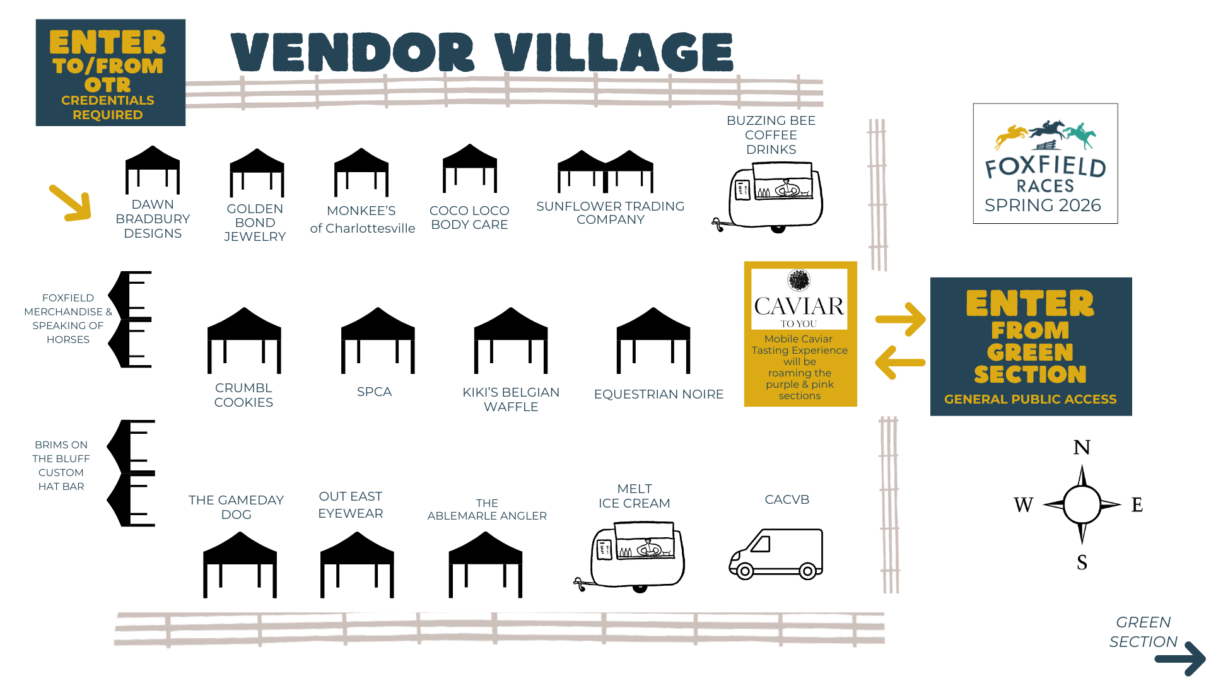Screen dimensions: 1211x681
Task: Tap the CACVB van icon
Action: coord(776,554)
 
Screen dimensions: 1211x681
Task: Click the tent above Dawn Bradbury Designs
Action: coord(153,170)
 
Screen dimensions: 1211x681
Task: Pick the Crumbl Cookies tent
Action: coord(244,340)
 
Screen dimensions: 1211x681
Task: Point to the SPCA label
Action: coord(374,392)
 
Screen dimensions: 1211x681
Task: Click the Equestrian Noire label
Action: coord(658,394)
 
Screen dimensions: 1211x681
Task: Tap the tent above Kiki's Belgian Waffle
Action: coord(511,340)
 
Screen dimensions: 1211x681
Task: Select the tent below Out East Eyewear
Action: coord(357,564)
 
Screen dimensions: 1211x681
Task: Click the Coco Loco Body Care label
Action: coord(469,218)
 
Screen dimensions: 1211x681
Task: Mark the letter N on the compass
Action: coord(1082,447)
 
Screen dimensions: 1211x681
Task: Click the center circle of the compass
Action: coord(1082,504)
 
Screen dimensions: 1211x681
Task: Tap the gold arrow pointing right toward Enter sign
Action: coord(901,319)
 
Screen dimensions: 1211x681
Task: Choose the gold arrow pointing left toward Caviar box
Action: coord(900,363)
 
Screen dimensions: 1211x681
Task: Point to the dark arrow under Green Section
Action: coord(1180,659)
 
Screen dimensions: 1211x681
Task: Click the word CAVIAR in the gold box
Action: coord(799,306)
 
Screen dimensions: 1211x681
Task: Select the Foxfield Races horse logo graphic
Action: coord(1045,135)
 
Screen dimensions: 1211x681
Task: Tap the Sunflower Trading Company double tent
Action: coord(605,171)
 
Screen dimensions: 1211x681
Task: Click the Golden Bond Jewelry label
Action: coord(255,223)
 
